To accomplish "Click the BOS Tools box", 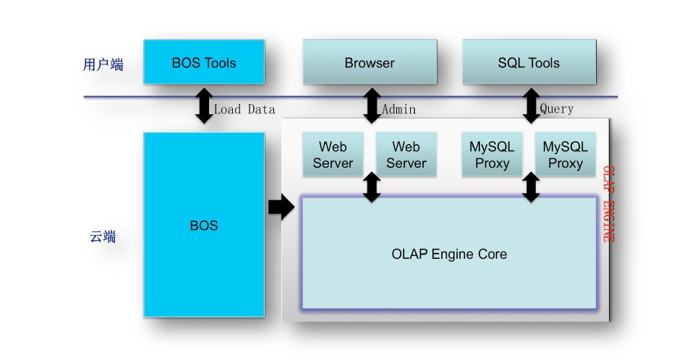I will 204,62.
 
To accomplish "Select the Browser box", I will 370,62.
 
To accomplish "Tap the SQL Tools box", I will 529,62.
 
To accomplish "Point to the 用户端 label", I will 103,65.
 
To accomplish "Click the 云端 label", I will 103,236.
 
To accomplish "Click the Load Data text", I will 244,110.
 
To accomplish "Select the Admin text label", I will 398,110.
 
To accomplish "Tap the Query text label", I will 557,109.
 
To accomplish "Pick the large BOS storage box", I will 204,225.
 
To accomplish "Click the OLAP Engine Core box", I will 449,254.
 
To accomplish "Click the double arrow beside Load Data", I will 205,106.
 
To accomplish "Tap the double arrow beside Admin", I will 372,106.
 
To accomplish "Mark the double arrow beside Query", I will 532,106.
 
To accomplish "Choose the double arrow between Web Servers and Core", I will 372,187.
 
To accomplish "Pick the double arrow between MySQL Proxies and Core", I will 532,187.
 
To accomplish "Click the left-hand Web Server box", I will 333,155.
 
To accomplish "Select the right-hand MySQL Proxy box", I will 565,155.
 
